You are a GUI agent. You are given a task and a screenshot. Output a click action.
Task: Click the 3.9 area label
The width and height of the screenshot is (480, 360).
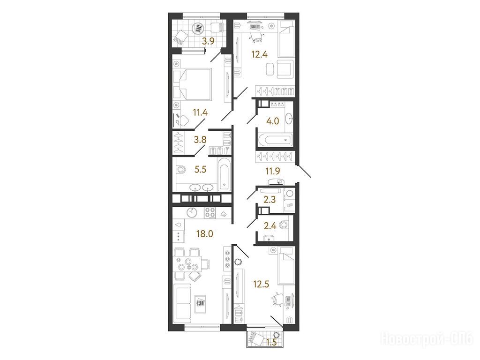coord(209,42)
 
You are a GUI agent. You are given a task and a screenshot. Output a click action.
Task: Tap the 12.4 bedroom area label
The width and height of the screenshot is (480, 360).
coord(259,55)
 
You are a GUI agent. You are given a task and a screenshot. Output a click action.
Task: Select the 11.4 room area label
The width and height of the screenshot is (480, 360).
coord(200,112)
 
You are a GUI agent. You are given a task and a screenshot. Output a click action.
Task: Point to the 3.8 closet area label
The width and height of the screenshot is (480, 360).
coord(200,140)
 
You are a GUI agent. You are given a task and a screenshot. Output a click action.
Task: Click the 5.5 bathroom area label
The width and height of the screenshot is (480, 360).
coord(200,169)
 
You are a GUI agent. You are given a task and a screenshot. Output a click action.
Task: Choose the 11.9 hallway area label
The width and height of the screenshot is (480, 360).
coord(273,171)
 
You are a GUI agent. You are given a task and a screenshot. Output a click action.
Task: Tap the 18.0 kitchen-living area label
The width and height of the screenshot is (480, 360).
coord(204,234)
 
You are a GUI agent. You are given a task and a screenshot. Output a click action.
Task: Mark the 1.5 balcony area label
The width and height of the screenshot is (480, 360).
coord(271,342)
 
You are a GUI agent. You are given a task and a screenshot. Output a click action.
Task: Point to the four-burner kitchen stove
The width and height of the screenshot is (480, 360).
coord(210,213)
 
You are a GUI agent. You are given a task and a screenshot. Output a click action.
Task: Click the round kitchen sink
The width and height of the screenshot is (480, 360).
coord(192,212)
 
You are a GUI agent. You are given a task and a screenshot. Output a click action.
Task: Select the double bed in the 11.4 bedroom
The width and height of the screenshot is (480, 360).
coord(192,84)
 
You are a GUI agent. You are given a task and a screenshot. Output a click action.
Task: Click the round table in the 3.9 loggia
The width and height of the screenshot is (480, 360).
coord(198,30)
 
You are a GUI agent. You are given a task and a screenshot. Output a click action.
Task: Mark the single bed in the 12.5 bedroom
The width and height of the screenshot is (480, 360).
coord(286,266)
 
